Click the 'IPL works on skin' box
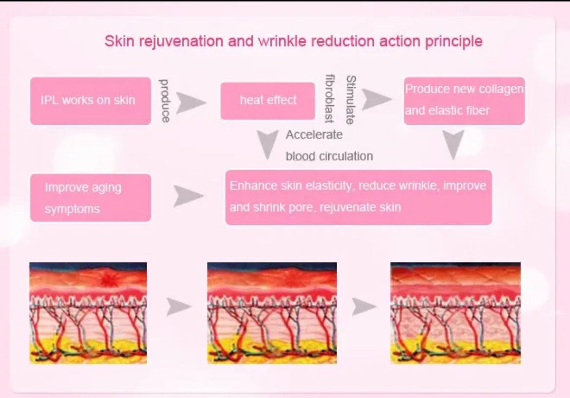coord(91,101)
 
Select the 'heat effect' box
coord(267,101)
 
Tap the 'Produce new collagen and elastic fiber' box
coord(464,101)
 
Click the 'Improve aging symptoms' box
coord(91,198)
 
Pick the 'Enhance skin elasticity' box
coord(359,197)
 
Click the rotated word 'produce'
coord(165,101)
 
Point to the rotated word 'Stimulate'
coord(350,100)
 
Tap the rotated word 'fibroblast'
coord(330,98)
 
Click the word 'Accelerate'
coord(314,135)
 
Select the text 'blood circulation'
coord(329,156)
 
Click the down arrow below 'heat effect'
coord(268,144)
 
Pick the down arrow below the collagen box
coord(453,144)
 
